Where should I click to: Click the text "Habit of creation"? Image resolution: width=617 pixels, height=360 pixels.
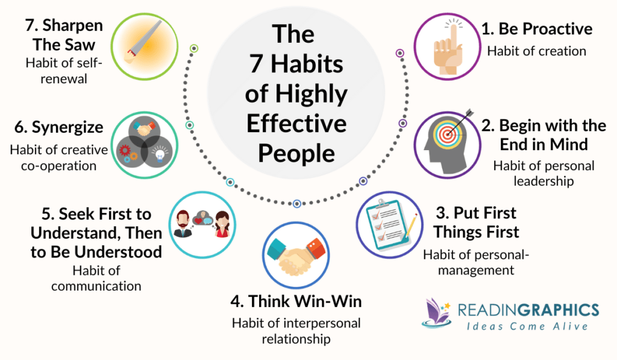click(536, 51)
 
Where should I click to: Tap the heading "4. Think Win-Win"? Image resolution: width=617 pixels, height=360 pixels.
click(296, 300)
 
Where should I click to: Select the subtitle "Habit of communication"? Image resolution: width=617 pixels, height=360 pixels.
click(96, 278)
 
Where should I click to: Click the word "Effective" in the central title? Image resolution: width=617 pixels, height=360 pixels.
click(296, 124)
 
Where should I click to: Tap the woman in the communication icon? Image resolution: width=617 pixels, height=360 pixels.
click(221, 224)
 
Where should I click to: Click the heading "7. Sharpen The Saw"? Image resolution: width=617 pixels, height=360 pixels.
click(64, 36)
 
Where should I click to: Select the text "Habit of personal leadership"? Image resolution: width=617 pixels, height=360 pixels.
click(543, 173)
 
